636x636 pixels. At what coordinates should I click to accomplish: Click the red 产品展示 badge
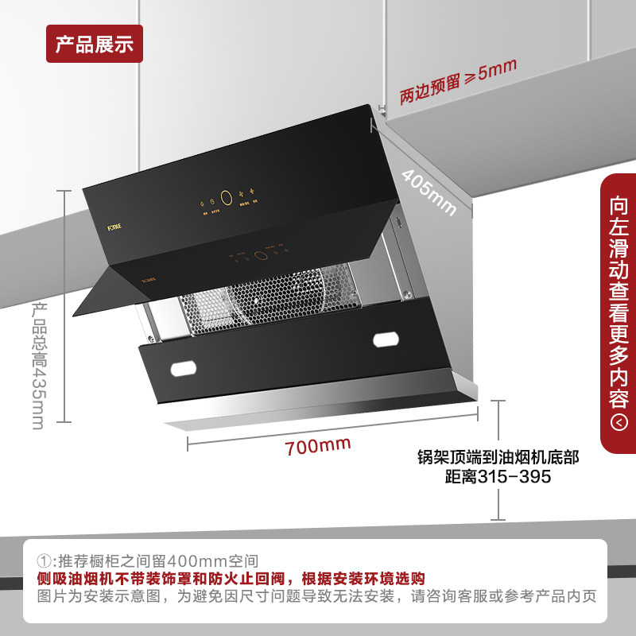(x=94, y=44)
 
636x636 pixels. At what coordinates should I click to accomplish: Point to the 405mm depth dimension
(x=429, y=191)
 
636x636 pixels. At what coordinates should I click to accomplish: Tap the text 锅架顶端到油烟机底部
(x=498, y=458)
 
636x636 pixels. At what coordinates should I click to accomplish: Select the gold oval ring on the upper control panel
(x=226, y=197)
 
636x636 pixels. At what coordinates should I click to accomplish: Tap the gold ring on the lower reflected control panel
(x=259, y=257)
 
